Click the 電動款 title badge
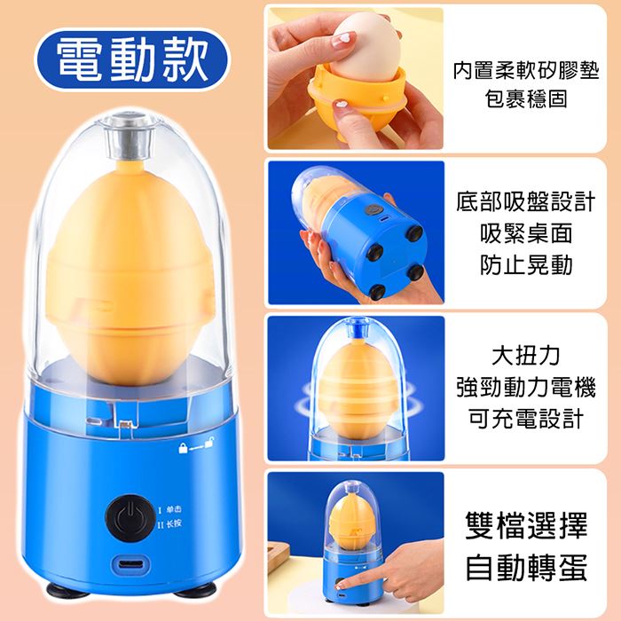click(x=132, y=59)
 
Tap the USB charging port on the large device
click(x=131, y=563)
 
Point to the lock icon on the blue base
click(x=183, y=448)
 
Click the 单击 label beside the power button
click(x=174, y=509)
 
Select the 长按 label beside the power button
click(x=174, y=523)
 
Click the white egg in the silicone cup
click(x=366, y=48)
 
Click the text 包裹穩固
click(x=526, y=98)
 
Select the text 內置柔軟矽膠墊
click(x=526, y=70)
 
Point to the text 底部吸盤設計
click(x=526, y=201)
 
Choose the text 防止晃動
click(x=526, y=265)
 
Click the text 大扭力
click(x=526, y=355)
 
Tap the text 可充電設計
click(x=526, y=419)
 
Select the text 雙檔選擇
click(x=526, y=525)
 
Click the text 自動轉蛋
click(x=526, y=568)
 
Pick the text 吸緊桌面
click(x=526, y=233)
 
